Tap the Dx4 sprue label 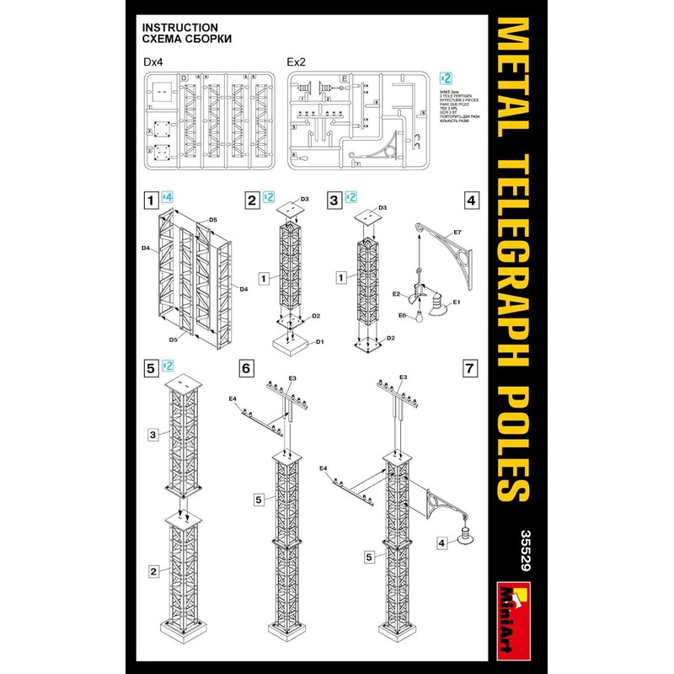tap(155, 62)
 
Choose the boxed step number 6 tap(246, 368)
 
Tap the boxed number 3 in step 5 tap(153, 435)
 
